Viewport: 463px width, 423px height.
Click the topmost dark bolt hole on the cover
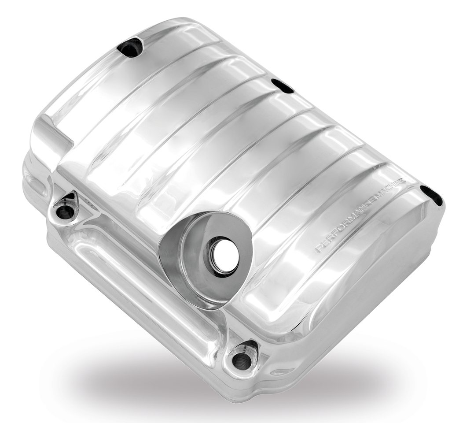coord(130,48)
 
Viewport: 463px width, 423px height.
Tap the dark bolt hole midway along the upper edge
coord(283,85)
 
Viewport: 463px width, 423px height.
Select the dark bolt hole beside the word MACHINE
coord(431,195)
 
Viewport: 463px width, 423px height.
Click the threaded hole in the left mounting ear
coord(66,212)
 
